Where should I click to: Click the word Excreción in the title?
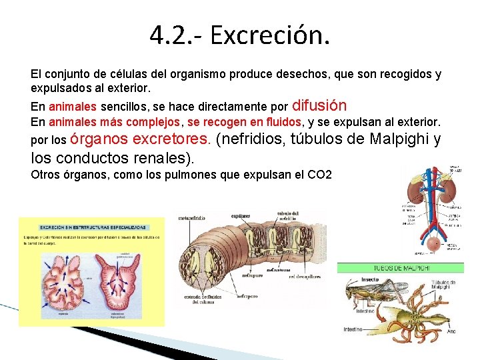click(x=269, y=34)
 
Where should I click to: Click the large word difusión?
click(x=319, y=105)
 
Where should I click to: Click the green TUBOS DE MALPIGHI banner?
click(x=401, y=267)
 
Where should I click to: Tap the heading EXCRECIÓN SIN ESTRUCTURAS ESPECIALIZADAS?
click(x=93, y=227)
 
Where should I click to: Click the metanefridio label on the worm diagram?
click(x=194, y=217)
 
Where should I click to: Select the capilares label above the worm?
click(x=240, y=216)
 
